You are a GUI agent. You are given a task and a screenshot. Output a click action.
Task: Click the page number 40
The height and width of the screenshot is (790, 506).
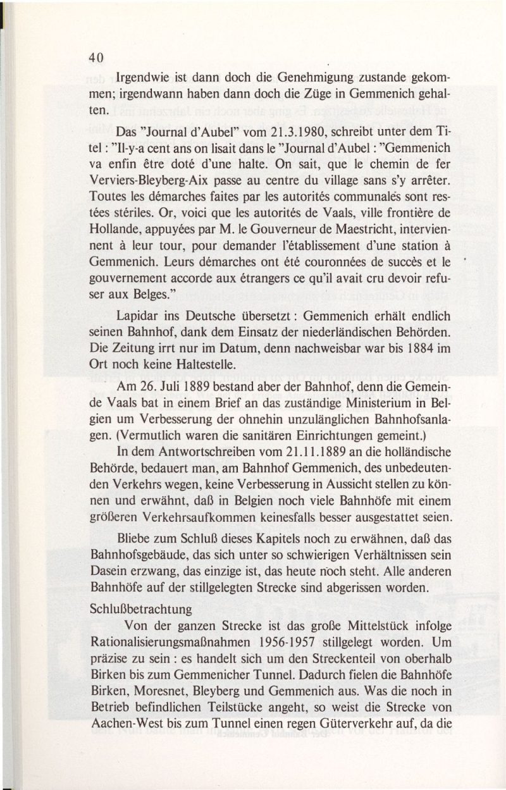(x=96, y=58)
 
